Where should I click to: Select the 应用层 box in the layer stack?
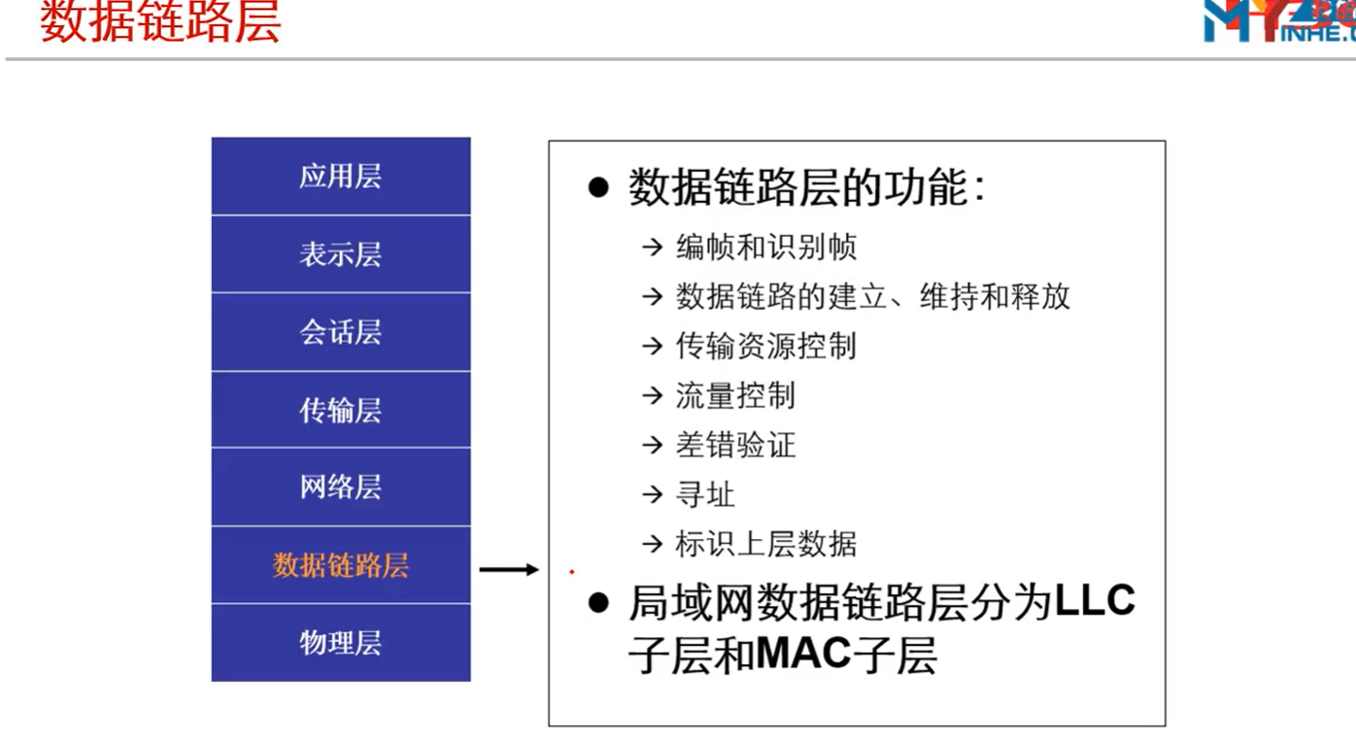tap(341, 176)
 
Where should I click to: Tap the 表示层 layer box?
tap(341, 254)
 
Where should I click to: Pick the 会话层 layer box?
tap(341, 332)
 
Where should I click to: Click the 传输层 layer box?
tap(341, 410)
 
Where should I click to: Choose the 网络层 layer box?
tap(341, 487)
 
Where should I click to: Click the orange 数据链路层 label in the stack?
tap(341, 565)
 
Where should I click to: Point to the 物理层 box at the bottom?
tap(341, 643)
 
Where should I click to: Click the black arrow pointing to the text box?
tap(509, 569)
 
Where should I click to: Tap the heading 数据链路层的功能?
tap(807, 187)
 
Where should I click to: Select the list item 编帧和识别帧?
tap(766, 247)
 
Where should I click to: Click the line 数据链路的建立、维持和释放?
tap(873, 296)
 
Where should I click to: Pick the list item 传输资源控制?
tap(766, 347)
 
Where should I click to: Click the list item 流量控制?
tap(735, 396)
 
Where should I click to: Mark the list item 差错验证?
tap(735, 446)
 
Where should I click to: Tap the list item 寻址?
tap(705, 495)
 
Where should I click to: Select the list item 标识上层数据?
tap(766, 544)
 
